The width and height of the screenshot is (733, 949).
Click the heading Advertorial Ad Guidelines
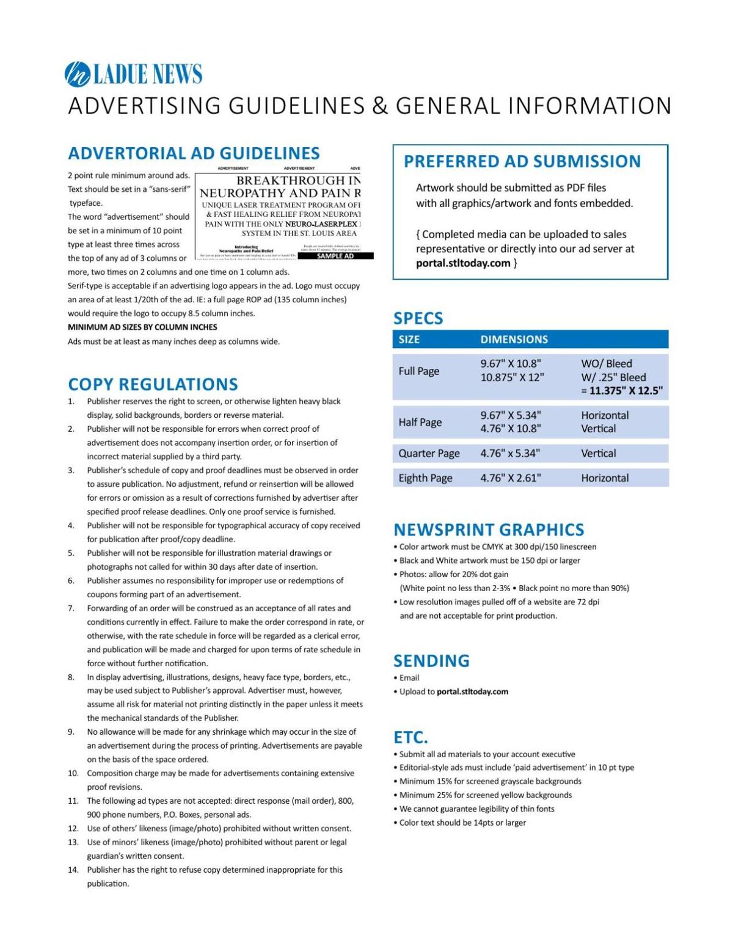coord(194,153)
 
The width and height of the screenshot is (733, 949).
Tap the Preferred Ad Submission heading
coord(522,161)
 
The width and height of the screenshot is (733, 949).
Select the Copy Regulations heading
coord(153,384)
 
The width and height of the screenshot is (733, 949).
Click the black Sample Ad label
coord(335,256)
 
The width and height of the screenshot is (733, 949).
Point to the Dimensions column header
coord(514,340)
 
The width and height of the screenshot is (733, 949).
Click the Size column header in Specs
coord(409,340)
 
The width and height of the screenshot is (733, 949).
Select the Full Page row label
coord(418,371)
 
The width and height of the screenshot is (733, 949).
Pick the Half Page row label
coord(420,422)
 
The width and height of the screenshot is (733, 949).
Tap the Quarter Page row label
coord(429,453)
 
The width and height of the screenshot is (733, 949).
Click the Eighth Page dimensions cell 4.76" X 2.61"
coord(510,478)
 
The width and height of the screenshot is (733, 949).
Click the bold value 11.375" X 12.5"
coord(626,391)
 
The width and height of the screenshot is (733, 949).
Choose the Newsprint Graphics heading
coord(489,529)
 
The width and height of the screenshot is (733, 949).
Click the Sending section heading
coord(431,661)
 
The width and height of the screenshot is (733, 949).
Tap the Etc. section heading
coord(410,736)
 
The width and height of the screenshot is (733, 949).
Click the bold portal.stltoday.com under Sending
coord(472,692)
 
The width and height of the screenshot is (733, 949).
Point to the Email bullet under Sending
coord(409,678)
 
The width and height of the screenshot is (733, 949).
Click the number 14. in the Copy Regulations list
coord(73,870)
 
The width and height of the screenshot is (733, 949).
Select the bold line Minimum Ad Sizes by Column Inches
coord(142,327)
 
